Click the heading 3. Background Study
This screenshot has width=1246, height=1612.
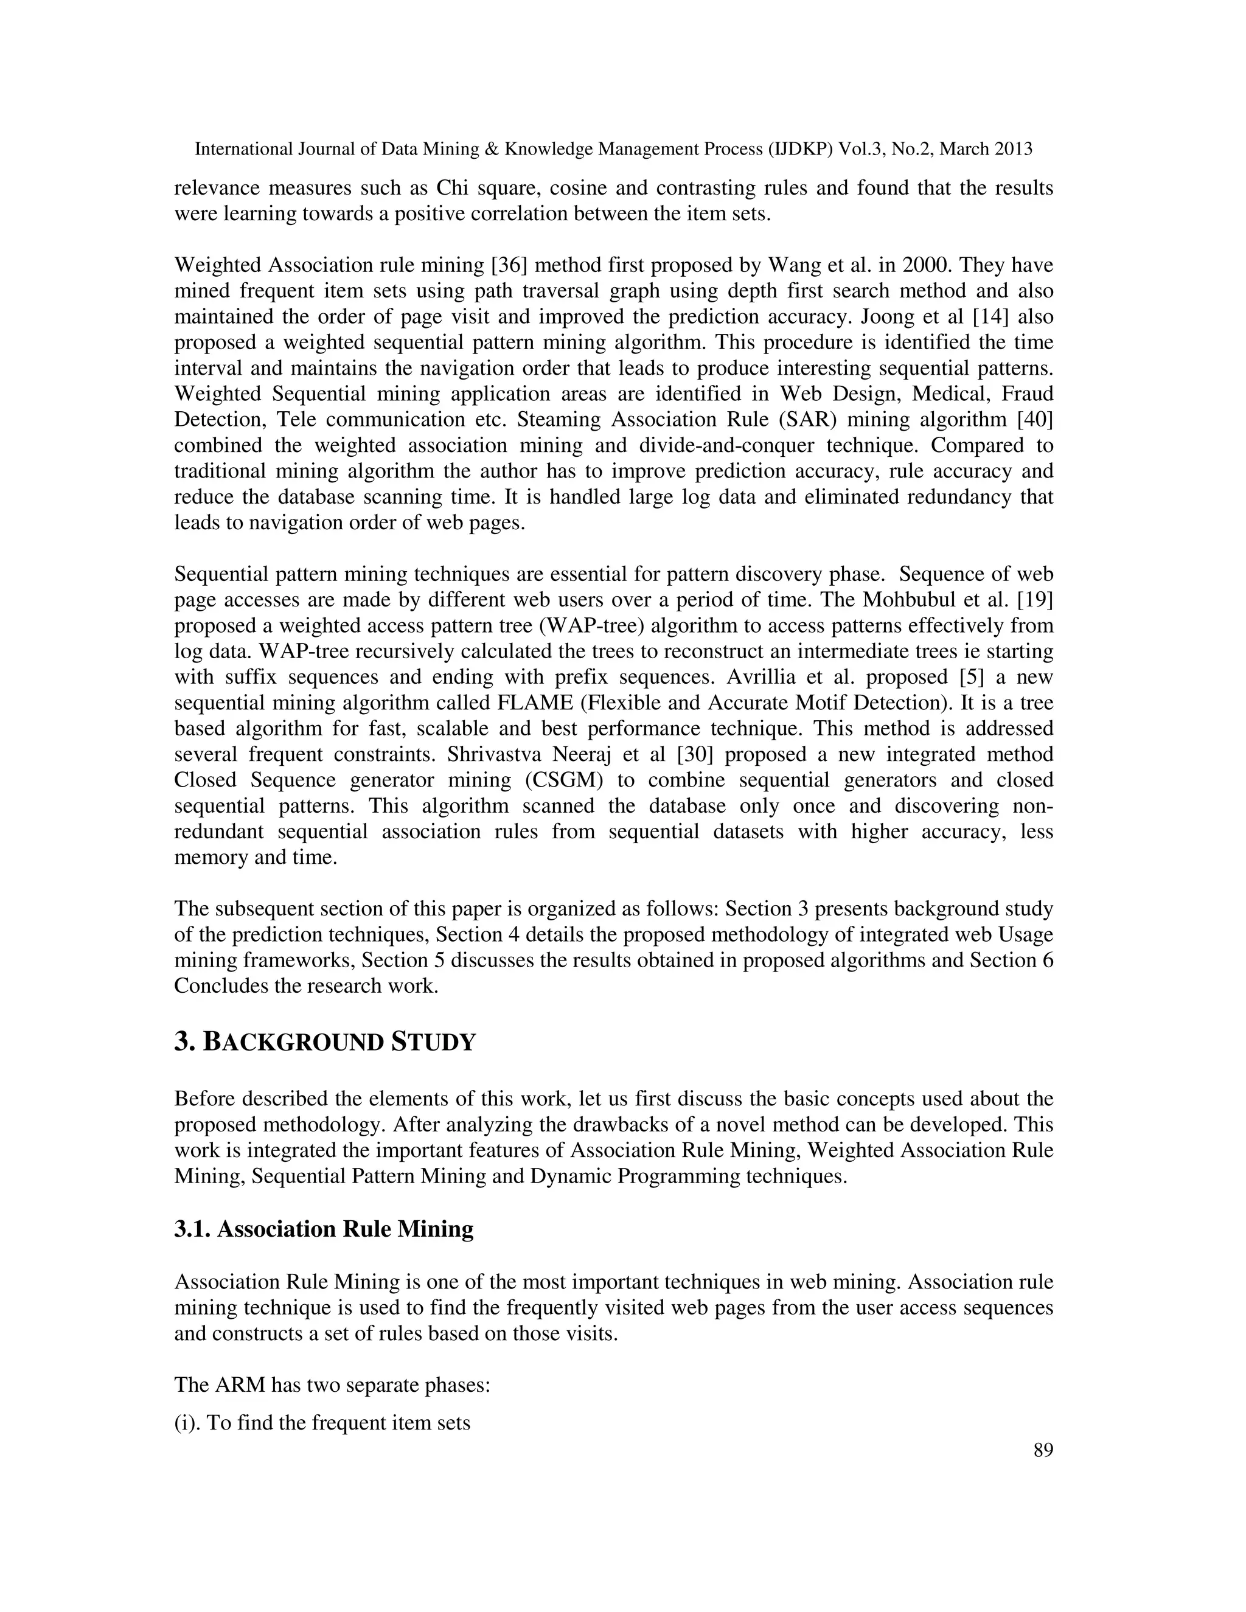coord(325,1043)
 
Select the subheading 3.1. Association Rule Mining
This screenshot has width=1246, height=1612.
coord(323,1228)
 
